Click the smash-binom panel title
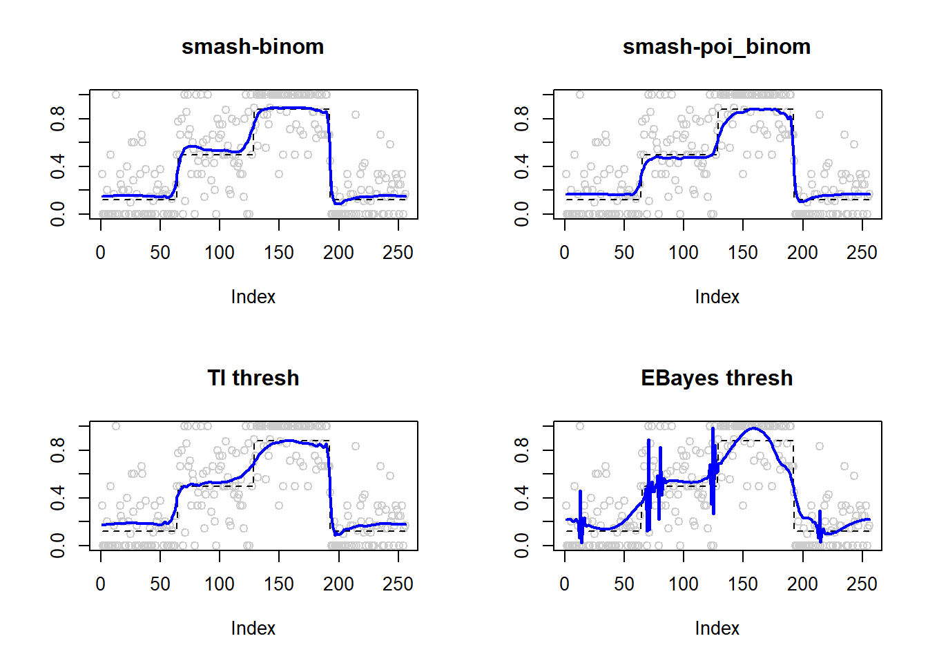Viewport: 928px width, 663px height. click(253, 46)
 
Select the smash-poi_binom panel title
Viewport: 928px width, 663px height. click(716, 46)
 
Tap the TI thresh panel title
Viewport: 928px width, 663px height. click(253, 378)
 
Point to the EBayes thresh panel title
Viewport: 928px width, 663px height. click(716, 378)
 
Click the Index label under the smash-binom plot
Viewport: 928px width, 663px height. click(253, 297)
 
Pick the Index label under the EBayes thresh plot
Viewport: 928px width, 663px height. click(717, 628)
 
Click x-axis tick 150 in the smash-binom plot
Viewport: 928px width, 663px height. click(279, 253)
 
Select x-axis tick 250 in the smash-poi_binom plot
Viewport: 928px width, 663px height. click(862, 253)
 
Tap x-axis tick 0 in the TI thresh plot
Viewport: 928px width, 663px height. click(101, 584)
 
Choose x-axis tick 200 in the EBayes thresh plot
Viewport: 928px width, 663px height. click(802, 584)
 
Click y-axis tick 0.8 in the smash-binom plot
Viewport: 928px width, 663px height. click(58, 119)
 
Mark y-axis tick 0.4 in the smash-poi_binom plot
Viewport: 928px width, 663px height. click(522, 166)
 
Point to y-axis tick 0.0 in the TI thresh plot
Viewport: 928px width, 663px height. click(58, 546)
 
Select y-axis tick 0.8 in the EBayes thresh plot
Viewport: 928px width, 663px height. click(522, 450)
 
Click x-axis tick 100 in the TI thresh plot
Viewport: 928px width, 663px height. click(220, 584)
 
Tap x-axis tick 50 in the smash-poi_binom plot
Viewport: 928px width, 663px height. click(624, 253)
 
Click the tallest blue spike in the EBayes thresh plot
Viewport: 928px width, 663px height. click(713, 430)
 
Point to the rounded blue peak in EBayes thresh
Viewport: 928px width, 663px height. click(753, 429)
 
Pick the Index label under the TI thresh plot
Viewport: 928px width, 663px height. click(253, 628)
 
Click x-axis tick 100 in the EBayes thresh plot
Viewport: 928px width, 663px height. click(684, 584)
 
